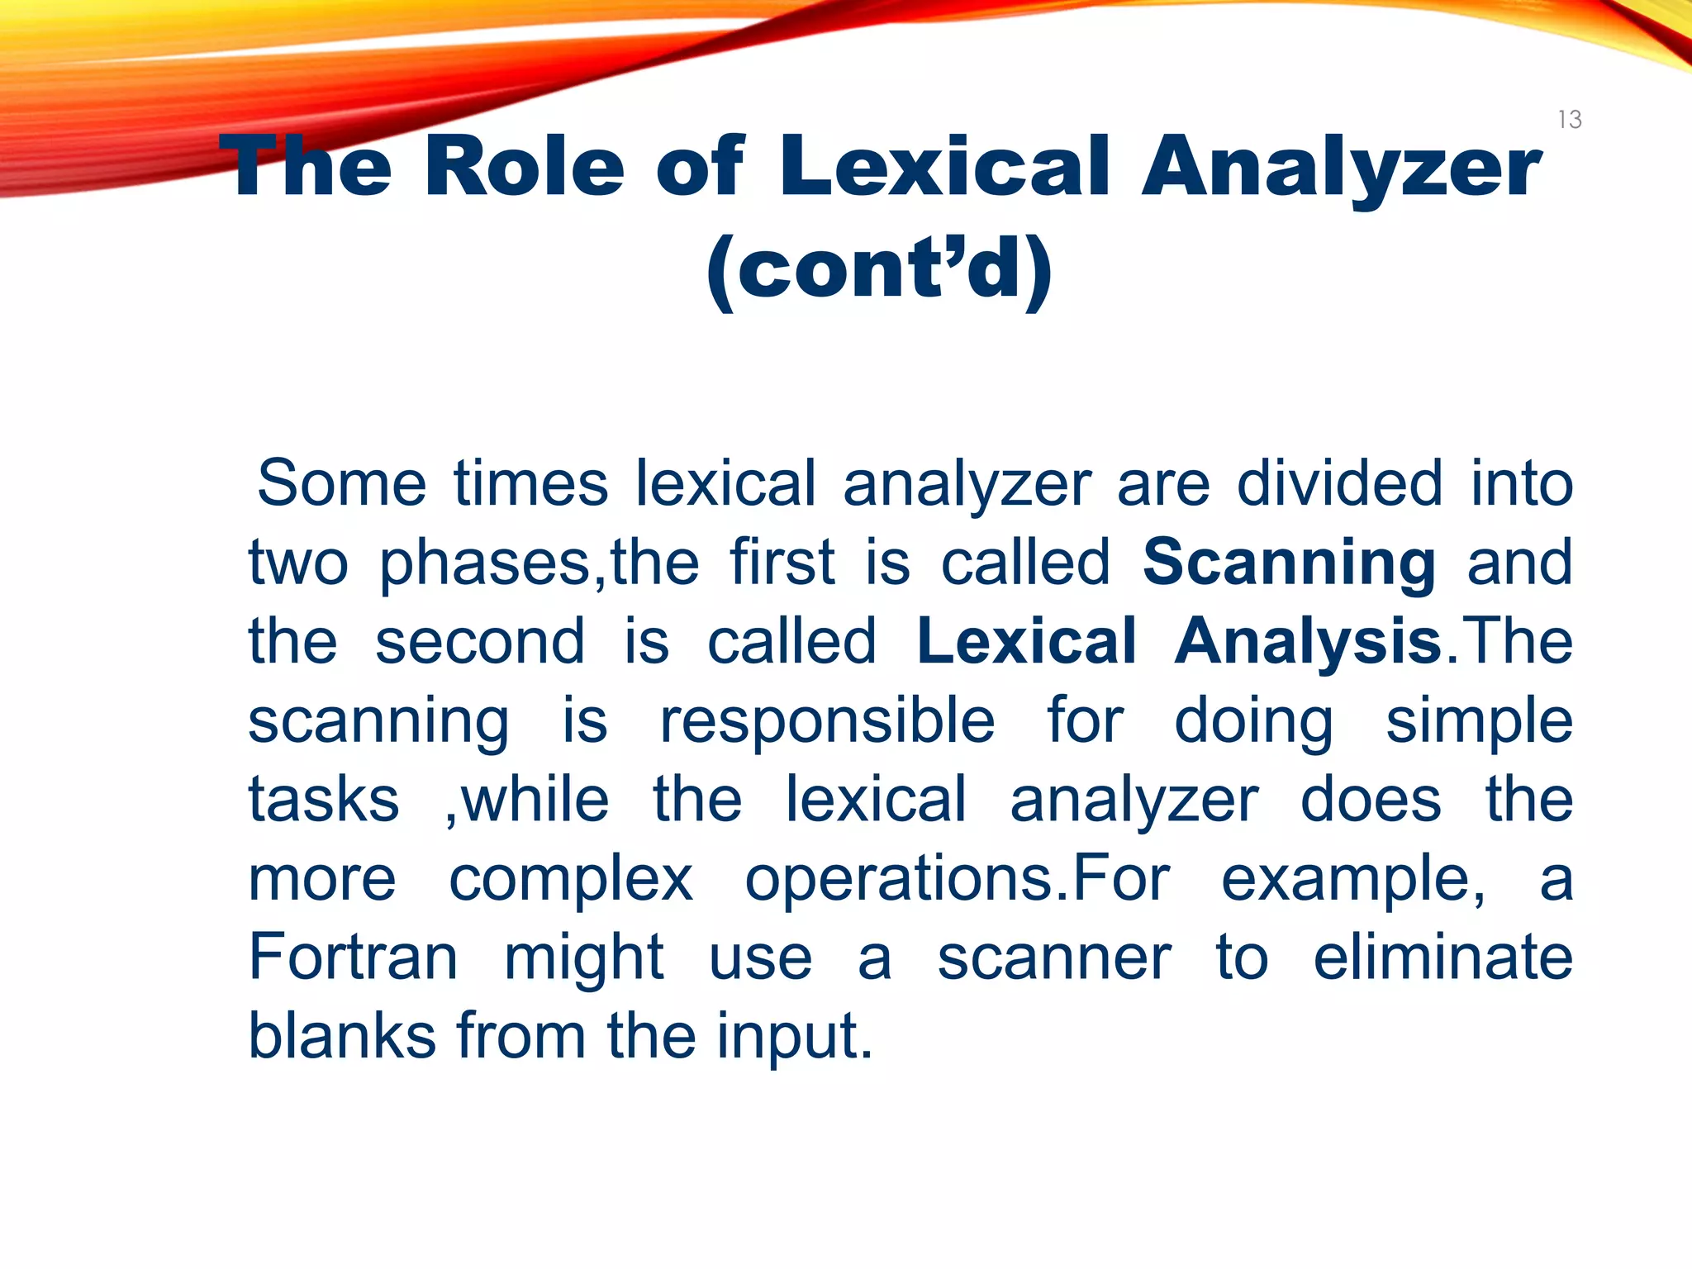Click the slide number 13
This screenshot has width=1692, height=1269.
tap(1570, 120)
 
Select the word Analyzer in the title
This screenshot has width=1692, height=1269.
tap(1341, 169)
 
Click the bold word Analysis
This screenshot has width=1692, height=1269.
tap(1309, 642)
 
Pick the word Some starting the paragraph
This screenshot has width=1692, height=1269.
tap(341, 483)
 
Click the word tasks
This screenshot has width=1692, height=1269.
tap(324, 800)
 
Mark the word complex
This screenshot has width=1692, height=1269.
tap(570, 879)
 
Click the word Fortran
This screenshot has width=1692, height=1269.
tap(353, 957)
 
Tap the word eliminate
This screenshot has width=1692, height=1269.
tap(1442, 957)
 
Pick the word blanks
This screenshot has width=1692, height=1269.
tap(341, 1035)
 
